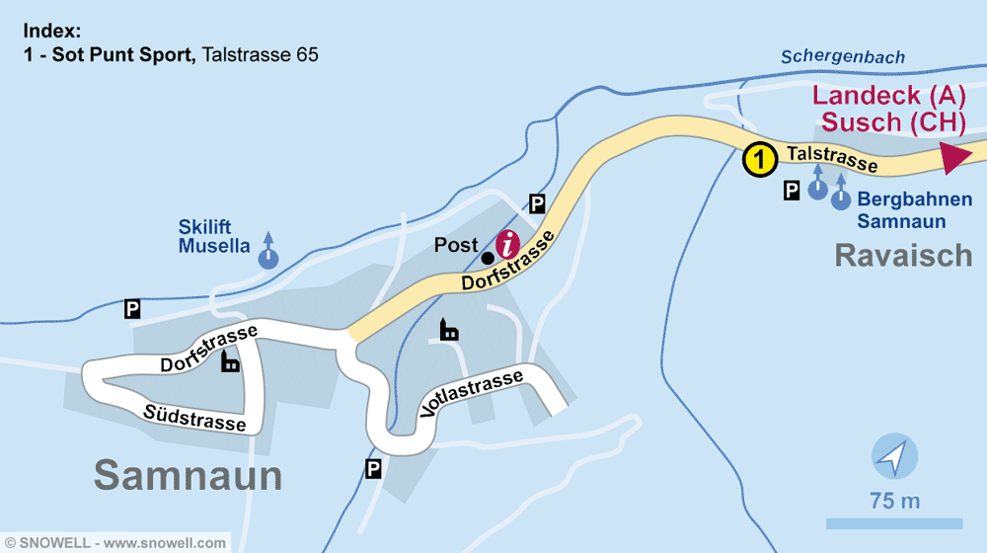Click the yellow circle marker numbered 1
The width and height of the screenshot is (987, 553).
(758, 159)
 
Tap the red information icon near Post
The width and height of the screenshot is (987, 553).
(507, 243)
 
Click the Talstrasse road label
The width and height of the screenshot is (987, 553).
(831, 157)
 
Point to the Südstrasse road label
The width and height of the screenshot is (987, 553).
(194, 417)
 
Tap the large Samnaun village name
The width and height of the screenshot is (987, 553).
(189, 475)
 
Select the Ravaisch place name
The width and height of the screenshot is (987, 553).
(903, 255)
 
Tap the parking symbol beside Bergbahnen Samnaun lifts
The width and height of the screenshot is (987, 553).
(792, 191)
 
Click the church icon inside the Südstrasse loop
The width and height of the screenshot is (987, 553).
(230, 362)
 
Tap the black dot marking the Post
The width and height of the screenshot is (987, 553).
(488, 258)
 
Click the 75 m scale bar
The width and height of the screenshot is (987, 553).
(893, 522)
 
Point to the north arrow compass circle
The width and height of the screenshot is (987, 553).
(894, 457)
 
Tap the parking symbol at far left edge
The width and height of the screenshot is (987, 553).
(131, 309)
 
